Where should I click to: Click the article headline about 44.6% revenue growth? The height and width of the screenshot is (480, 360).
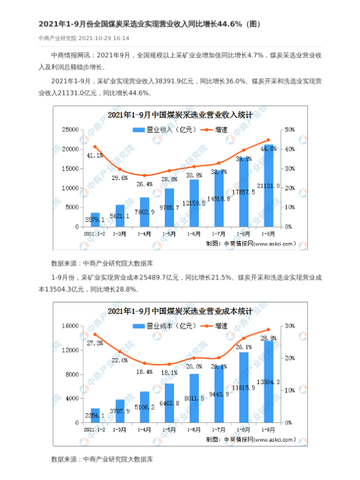point(149,23)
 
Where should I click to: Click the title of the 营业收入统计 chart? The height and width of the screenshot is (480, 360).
point(179,114)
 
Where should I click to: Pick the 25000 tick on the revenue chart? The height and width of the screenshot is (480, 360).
point(71,130)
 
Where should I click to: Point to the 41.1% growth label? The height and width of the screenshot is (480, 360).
point(95,155)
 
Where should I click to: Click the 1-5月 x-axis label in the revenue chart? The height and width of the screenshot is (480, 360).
point(169,233)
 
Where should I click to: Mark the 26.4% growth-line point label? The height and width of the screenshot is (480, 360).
point(145,184)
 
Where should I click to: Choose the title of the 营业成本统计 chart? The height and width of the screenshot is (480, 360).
point(179,311)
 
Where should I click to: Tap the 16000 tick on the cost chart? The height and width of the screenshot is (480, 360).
point(71,326)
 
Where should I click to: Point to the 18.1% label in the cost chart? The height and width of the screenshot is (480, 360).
point(169,373)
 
